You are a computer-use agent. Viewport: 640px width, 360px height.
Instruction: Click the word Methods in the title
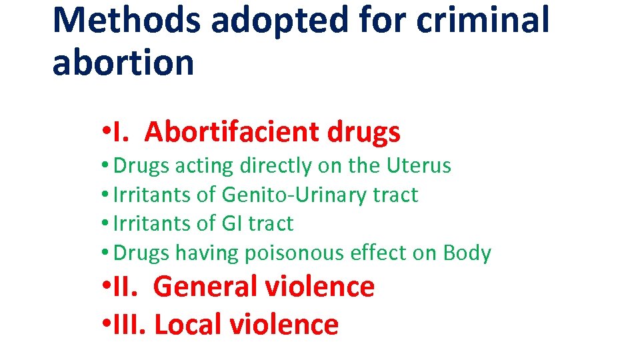[126, 20]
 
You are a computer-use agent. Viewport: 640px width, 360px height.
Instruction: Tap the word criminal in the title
[483, 20]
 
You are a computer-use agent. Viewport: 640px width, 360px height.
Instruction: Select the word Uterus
[419, 165]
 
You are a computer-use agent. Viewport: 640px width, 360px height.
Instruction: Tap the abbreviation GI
[231, 223]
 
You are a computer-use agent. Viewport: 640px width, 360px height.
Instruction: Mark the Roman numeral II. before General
[127, 287]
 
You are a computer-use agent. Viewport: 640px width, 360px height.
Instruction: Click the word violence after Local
[284, 325]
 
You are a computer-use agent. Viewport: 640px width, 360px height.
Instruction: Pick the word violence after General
[319, 287]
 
